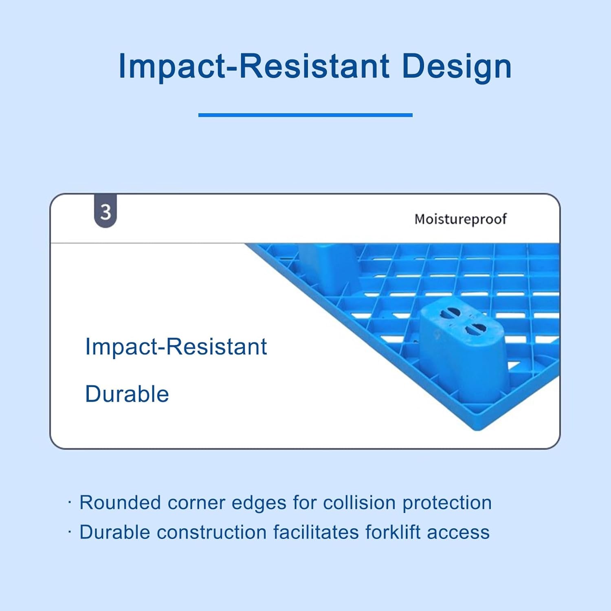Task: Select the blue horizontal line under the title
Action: coord(305,115)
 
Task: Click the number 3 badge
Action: coord(105,212)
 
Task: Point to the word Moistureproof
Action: coord(460,219)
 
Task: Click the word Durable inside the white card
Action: coord(127,394)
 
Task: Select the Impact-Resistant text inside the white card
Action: coord(176,347)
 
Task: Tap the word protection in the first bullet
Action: coord(447,503)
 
